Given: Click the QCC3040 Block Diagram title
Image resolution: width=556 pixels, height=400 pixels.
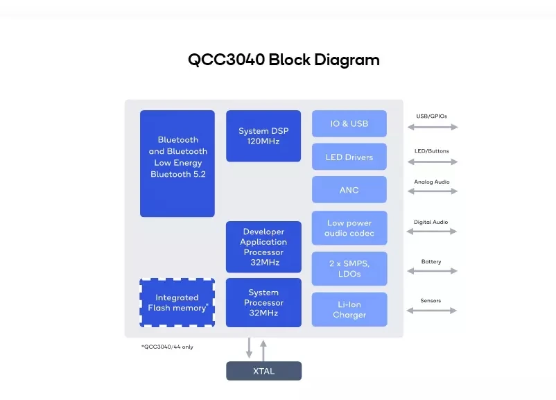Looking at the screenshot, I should click(284, 60).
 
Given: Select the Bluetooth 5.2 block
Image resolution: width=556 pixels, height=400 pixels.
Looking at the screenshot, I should click(177, 163).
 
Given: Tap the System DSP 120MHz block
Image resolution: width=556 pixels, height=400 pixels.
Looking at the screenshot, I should click(263, 136).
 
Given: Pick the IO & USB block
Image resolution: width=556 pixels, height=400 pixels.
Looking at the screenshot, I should click(349, 123).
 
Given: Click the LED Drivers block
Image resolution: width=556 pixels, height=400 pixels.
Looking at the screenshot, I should click(349, 157).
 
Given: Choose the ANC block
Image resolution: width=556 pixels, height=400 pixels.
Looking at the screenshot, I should click(349, 190).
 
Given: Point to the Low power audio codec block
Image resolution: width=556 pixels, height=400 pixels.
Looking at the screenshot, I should click(349, 228).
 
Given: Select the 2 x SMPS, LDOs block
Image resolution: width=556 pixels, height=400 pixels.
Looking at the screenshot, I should click(349, 268).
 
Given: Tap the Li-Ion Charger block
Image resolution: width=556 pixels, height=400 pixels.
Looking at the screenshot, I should click(349, 309).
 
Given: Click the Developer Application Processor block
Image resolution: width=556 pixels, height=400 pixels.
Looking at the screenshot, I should click(263, 247).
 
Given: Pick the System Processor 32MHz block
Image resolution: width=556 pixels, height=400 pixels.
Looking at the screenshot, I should click(263, 302).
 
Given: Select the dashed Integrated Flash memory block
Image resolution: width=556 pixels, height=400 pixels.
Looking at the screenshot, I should click(177, 303).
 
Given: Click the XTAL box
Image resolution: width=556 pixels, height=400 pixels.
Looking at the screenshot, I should click(263, 371).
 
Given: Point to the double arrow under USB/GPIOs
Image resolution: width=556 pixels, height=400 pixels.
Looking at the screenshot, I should click(433, 127).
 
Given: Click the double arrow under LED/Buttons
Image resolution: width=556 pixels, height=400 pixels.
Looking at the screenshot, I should click(433, 162).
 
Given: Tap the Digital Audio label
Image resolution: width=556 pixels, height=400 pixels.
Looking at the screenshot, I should click(431, 223).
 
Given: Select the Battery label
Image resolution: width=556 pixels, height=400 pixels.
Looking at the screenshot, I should click(431, 262).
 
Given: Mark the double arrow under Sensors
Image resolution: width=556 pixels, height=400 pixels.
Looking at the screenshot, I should click(433, 311).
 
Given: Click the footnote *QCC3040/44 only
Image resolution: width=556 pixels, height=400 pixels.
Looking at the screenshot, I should click(167, 347).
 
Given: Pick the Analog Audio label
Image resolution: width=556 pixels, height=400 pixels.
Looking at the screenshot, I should click(432, 182).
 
